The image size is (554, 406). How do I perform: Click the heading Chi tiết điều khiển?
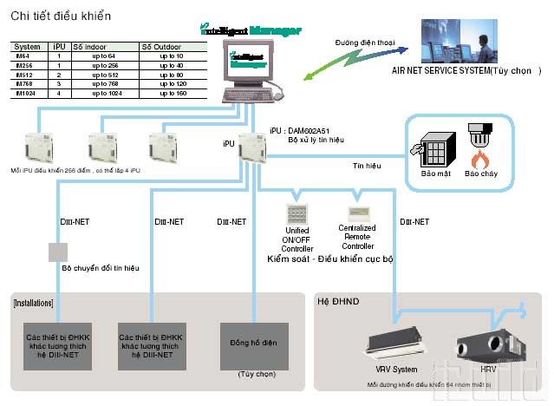[60, 16]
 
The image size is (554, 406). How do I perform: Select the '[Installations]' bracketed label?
[34, 303]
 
